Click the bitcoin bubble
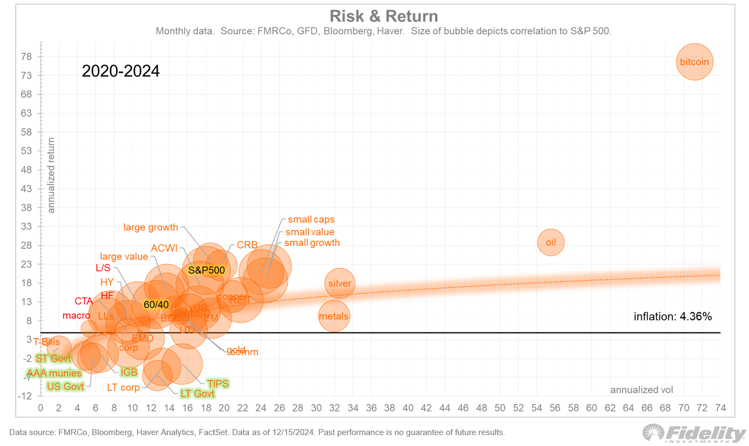click(x=694, y=62)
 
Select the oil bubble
click(x=551, y=242)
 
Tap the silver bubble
click(x=340, y=283)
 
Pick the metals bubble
click(x=334, y=316)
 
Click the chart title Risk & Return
click(x=384, y=16)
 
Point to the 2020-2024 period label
click(x=121, y=71)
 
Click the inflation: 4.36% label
click(x=673, y=316)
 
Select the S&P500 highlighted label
click(x=206, y=270)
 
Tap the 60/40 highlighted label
click(x=157, y=305)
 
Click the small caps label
click(x=311, y=219)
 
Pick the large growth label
click(x=151, y=227)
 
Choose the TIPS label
click(x=217, y=383)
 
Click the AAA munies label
click(x=54, y=374)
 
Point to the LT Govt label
click(x=197, y=394)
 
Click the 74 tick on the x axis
click(x=720, y=408)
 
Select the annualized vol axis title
click(x=641, y=390)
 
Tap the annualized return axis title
click(x=51, y=175)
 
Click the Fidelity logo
click(x=693, y=433)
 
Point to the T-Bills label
click(x=46, y=342)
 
